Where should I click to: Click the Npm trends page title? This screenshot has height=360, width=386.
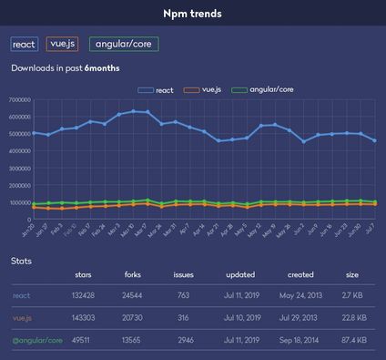pyautogui.click(x=192, y=14)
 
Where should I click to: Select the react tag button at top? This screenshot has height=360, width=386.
pyautogui.click(x=24, y=44)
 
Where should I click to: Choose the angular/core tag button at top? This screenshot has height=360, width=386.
pyautogui.click(x=126, y=44)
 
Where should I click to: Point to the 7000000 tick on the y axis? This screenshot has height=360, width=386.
pyautogui.click(x=18, y=99)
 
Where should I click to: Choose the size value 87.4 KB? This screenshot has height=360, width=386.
pyautogui.click(x=351, y=340)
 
